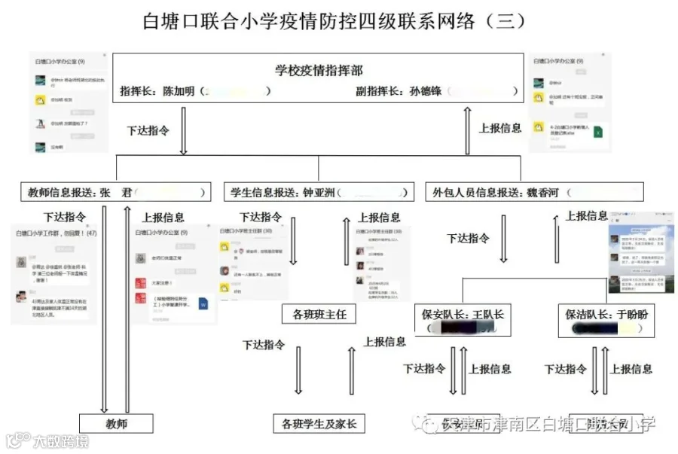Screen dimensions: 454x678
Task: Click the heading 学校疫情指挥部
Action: (319, 71)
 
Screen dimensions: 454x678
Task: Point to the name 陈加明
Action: (181, 91)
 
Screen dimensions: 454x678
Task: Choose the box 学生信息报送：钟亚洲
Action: (319, 192)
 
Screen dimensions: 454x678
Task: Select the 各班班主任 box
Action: (319, 314)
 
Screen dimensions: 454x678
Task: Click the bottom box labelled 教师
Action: (117, 424)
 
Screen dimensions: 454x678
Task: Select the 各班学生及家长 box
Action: (319, 424)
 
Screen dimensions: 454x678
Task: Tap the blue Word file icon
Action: (203, 304)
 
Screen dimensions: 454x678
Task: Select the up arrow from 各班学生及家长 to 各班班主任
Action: (352, 370)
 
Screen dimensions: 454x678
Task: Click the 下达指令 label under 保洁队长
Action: (565, 369)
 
